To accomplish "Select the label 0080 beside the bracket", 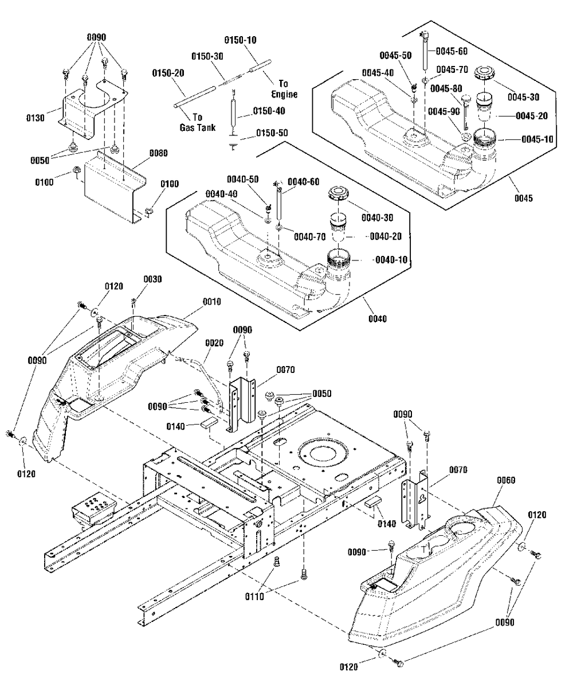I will coord(158,153).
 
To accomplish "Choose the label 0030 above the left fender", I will coord(153,279).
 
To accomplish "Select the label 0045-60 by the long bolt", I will coord(452,51).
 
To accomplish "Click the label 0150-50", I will coord(272,133).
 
